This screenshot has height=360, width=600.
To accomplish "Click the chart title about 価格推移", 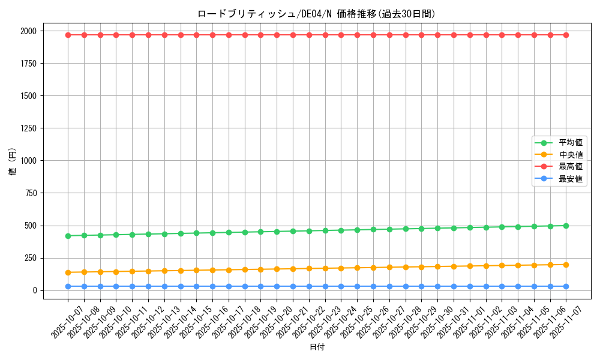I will (x=316, y=14).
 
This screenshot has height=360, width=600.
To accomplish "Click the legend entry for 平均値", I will (x=571, y=143).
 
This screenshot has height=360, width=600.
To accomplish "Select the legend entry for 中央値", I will (x=571, y=155).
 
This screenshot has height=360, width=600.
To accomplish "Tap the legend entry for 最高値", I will (x=571, y=167).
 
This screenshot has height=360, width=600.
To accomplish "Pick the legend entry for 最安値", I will (x=571, y=179).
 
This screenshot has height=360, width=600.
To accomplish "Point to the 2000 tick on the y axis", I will (x=28, y=31).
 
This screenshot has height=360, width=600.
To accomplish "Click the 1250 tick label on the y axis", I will (x=28, y=128).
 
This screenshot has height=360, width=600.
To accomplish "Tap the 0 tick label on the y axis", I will (x=34, y=290).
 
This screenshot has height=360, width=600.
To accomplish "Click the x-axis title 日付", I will (x=317, y=347).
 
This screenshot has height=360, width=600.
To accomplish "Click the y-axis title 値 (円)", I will (x=12, y=162).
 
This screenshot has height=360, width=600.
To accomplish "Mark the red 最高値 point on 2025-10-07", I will (x=68, y=35).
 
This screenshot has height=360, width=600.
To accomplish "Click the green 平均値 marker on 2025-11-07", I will (x=566, y=226).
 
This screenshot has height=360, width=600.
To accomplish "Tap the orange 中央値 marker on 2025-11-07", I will (x=566, y=265).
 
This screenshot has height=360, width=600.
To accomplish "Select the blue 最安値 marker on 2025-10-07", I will (x=68, y=286).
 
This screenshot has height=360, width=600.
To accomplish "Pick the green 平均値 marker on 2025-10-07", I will (x=68, y=236).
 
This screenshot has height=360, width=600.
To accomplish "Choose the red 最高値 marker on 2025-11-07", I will (x=566, y=35).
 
